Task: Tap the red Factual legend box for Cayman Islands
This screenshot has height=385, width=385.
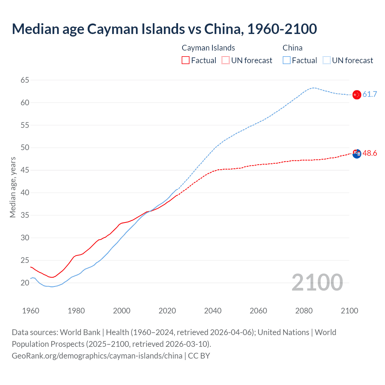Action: click(x=186, y=60)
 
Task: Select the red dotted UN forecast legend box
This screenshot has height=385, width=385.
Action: click(x=226, y=60)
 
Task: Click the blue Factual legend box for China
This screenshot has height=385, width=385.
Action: click(x=286, y=60)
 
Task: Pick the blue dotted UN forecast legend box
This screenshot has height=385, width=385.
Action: click(x=326, y=60)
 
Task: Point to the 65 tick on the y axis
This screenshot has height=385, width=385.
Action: click(x=25, y=80)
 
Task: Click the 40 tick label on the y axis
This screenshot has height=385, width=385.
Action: click(x=25, y=192)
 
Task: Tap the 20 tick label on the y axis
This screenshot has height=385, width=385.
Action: click(x=25, y=283)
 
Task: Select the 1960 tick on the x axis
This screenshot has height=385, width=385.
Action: click(x=31, y=311)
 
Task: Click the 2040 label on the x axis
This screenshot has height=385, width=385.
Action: click(x=213, y=311)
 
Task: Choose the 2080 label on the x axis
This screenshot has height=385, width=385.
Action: click(x=304, y=311)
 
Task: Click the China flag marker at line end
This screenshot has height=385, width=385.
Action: click(x=357, y=94)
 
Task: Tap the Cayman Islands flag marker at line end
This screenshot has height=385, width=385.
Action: click(x=357, y=153)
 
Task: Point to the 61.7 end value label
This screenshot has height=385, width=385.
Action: click(x=370, y=94)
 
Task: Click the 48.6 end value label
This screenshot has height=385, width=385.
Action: click(x=370, y=153)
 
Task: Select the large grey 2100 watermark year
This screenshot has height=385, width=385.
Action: click(x=317, y=282)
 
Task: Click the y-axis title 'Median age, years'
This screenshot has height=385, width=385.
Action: click(x=13, y=187)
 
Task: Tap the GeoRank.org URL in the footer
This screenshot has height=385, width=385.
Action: click(x=97, y=356)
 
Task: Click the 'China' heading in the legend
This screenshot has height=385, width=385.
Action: click(x=292, y=48)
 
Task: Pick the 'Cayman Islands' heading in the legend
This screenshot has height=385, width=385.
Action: click(x=208, y=48)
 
